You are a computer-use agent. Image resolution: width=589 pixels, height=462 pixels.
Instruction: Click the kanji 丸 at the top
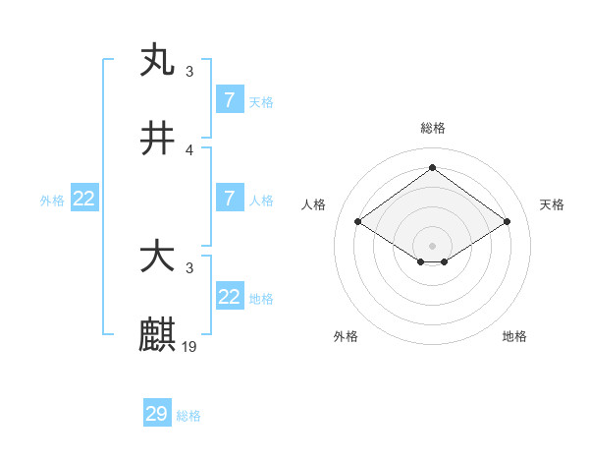tap(158, 60)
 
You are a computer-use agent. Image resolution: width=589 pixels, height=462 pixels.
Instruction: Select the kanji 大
tap(158, 258)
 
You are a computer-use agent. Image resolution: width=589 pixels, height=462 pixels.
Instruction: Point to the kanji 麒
tap(158, 335)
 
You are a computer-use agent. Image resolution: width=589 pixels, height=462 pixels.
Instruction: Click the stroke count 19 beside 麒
tap(190, 346)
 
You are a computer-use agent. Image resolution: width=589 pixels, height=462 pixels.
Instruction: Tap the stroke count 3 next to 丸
tap(189, 71)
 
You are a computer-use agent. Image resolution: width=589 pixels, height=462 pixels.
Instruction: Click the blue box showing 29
tap(157, 414)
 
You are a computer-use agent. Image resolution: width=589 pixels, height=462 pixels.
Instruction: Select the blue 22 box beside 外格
tap(84, 199)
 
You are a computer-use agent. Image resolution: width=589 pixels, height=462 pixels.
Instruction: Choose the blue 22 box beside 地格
tap(230, 297)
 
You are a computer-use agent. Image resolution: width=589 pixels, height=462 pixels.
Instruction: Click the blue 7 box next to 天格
tap(230, 100)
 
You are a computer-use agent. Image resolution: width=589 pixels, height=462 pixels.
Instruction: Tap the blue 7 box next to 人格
tap(230, 199)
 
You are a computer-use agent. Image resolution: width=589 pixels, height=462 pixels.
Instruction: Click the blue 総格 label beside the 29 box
tap(188, 416)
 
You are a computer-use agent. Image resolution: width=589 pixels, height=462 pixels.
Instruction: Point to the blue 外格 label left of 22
tap(52, 201)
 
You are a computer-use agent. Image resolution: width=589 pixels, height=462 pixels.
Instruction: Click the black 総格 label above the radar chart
tap(433, 128)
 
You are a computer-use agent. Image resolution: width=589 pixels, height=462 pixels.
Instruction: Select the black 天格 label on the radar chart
tap(553, 204)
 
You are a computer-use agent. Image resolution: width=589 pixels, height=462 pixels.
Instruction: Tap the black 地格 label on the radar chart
tap(514, 336)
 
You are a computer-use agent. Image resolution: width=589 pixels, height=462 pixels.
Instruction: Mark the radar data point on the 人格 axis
tap(358, 222)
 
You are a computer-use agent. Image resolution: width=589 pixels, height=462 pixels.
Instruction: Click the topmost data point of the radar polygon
tap(432, 168)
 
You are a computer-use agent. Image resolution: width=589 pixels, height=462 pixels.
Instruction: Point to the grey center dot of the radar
tap(433, 245)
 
